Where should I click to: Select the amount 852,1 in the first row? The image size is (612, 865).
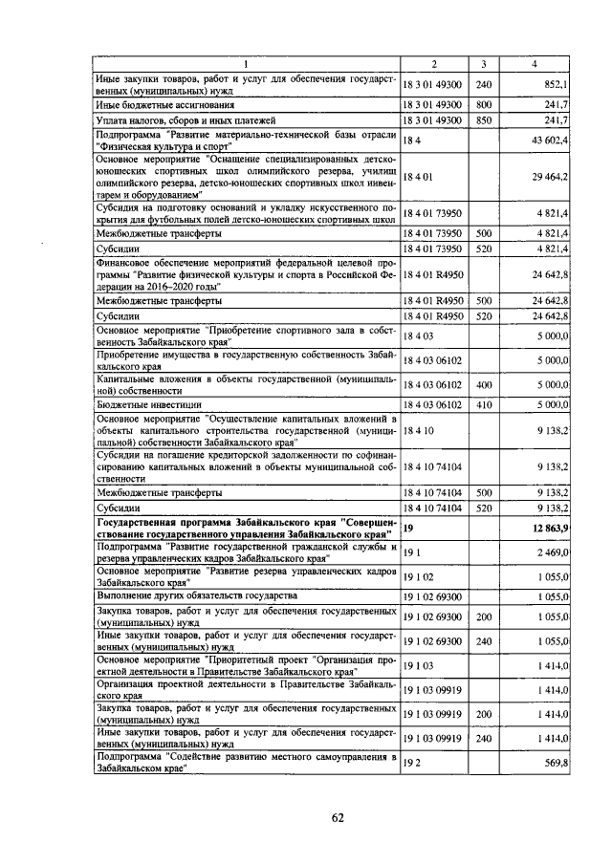coord(556,85)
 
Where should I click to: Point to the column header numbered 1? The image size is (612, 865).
coord(245,64)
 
